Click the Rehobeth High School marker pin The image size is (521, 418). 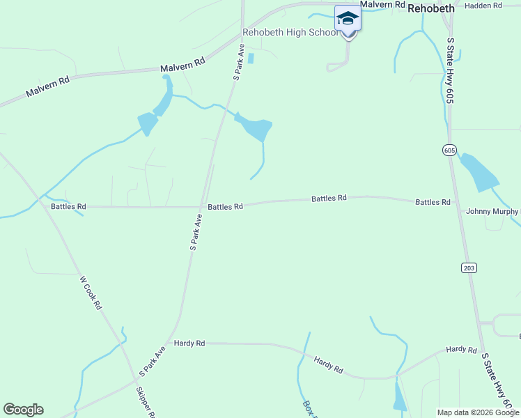pyautogui.click(x=348, y=20)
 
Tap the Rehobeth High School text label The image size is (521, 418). pyautogui.click(x=290, y=33)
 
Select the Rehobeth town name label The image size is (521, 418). pyautogui.click(x=430, y=8)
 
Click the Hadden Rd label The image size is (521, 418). pyautogui.click(x=483, y=6)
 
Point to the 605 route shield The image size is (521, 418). pyautogui.click(x=449, y=149)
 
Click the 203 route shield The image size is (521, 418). pyautogui.click(x=468, y=268)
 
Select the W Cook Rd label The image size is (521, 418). pyautogui.click(x=91, y=293)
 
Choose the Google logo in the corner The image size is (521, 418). pyautogui.click(x=23, y=410)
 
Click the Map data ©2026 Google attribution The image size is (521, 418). pyautogui.click(x=478, y=412)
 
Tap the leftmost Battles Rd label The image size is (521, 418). pyautogui.click(x=68, y=207)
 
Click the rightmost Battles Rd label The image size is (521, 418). pyautogui.click(x=433, y=202)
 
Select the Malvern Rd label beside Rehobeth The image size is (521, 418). pyautogui.click(x=382, y=4)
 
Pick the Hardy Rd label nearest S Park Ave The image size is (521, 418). pyautogui.click(x=189, y=343)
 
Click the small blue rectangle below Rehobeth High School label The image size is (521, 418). pyautogui.click(x=251, y=59)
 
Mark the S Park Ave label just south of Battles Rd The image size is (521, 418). pyautogui.click(x=196, y=232)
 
